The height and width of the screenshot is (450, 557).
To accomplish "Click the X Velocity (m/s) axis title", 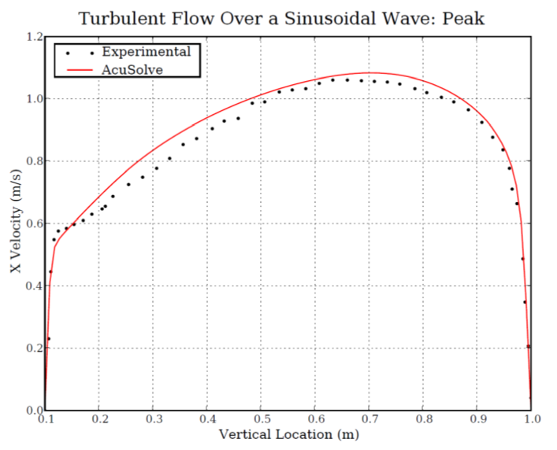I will (x=15, y=223).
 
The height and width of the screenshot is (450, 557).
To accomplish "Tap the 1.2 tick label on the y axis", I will (x=33, y=37).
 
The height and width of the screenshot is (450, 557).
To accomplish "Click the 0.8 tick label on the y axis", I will (x=33, y=161).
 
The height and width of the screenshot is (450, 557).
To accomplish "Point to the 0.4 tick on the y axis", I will (x=33, y=286).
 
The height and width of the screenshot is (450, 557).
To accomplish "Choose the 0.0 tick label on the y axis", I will (x=33, y=410).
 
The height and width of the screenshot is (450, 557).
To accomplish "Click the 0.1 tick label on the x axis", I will (x=46, y=420).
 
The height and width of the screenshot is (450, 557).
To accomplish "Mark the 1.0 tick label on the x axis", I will (x=531, y=420).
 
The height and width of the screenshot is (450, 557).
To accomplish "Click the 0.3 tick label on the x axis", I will (x=154, y=420).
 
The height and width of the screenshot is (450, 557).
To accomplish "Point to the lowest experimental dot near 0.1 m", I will (x=49, y=338).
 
